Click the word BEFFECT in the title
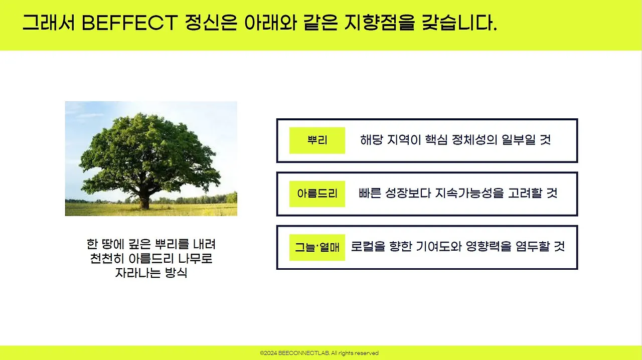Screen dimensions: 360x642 [129, 23]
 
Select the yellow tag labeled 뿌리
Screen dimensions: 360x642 [317, 140]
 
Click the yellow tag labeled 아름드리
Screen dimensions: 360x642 [317, 194]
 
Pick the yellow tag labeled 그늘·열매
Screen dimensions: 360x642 [317, 247]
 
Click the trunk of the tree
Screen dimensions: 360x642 [145, 201]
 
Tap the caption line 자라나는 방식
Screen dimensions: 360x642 [151, 274]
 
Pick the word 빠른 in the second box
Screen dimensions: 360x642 [370, 193]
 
